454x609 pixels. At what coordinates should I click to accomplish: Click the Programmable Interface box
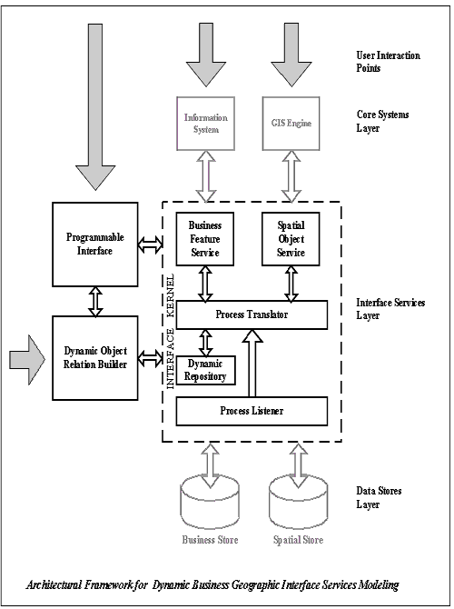click(94, 244)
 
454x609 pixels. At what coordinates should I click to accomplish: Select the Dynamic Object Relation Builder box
click(94, 357)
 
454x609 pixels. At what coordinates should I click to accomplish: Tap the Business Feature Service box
click(204, 238)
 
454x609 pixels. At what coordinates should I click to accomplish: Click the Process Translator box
click(250, 314)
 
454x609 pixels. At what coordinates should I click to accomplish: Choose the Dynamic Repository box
click(204, 368)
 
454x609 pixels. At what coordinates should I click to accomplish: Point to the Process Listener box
click(250, 412)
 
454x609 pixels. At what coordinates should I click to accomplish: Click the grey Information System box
click(204, 123)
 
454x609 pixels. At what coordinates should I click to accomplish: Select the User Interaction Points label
click(388, 61)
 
